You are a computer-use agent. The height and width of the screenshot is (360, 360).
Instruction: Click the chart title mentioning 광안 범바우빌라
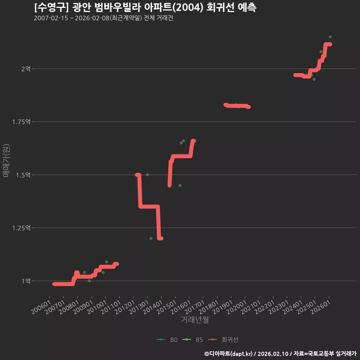click(x=145, y=7)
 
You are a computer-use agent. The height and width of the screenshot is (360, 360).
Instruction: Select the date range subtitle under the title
click(x=103, y=18)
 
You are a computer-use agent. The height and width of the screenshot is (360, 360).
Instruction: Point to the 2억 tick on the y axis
click(x=26, y=69)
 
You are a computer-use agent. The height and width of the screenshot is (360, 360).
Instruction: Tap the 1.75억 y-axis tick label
click(x=21, y=121)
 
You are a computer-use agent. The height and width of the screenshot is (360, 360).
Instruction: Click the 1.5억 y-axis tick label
click(x=23, y=175)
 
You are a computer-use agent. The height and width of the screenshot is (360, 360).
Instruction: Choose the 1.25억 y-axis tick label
click(x=21, y=228)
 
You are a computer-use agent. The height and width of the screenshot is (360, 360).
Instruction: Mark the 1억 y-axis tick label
click(x=26, y=281)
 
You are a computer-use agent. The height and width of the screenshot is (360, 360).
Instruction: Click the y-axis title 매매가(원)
click(x=6, y=160)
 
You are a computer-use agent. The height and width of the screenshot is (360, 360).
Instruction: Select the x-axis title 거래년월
click(x=195, y=319)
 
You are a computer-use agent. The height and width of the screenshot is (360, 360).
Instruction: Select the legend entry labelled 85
click(x=192, y=340)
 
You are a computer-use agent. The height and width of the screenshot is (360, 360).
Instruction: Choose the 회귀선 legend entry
click(x=223, y=340)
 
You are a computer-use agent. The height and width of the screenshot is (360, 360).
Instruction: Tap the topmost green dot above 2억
click(x=330, y=37)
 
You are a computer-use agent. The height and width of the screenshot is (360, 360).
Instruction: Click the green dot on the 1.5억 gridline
click(x=147, y=175)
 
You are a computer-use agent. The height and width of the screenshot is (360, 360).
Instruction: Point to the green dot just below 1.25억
click(x=151, y=238)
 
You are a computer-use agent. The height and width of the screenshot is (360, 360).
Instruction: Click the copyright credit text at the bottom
click(x=280, y=354)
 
